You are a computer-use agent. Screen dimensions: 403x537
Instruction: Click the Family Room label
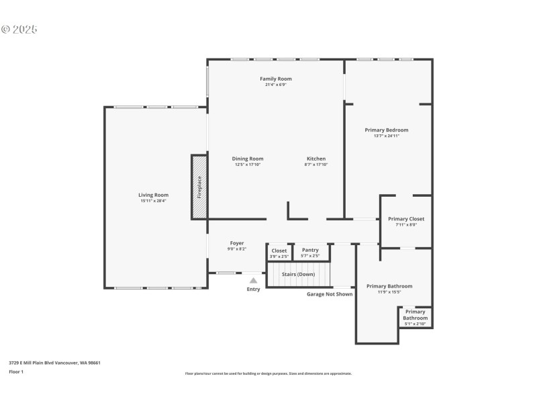[276, 79]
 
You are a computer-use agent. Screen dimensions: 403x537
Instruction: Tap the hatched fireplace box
[199, 187]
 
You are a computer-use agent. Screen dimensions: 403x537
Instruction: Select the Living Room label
[154, 195]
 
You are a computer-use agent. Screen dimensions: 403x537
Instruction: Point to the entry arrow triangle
[253, 280]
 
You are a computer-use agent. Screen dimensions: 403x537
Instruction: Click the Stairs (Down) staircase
[299, 275]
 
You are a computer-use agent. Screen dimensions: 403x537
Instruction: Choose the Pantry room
[310, 252]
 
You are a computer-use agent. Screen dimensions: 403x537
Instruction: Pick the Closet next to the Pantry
[279, 253]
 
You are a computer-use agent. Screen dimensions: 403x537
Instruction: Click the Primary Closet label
[406, 219]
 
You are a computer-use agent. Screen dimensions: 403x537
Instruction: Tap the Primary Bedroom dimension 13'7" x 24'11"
[387, 136]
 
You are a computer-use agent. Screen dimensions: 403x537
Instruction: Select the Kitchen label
[316, 159]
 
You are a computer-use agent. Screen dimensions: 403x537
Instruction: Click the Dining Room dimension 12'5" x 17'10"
[248, 165]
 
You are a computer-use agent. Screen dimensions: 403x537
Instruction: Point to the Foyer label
[237, 243]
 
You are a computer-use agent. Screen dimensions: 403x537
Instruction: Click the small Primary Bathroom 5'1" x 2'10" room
[415, 317]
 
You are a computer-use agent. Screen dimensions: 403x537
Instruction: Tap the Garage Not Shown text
[330, 294]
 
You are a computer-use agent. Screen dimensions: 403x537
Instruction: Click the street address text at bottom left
[54, 363]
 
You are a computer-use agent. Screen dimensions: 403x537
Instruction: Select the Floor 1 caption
[16, 371]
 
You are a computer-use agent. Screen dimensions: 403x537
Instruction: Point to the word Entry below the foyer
[253, 289]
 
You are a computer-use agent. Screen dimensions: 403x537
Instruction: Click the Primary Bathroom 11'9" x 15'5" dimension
[389, 292]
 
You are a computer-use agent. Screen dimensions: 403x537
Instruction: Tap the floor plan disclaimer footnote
[268, 373]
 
